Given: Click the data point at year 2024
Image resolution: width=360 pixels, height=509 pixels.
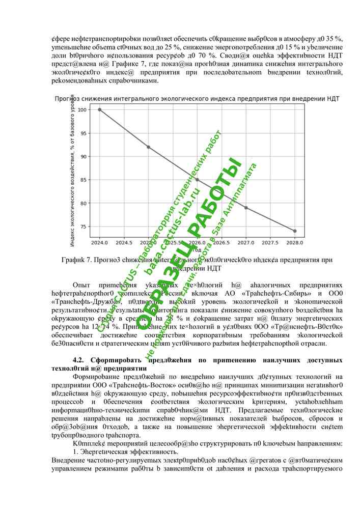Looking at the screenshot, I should pos(99,109).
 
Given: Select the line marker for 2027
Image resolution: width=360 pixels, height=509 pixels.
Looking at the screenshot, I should pos(246,208).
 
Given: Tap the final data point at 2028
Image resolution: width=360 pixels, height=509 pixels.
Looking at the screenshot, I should pos(295,231).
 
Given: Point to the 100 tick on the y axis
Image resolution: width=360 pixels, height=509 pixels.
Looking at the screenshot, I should pos(81,110).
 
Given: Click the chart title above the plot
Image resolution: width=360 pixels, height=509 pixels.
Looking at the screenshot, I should pos(197,98).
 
